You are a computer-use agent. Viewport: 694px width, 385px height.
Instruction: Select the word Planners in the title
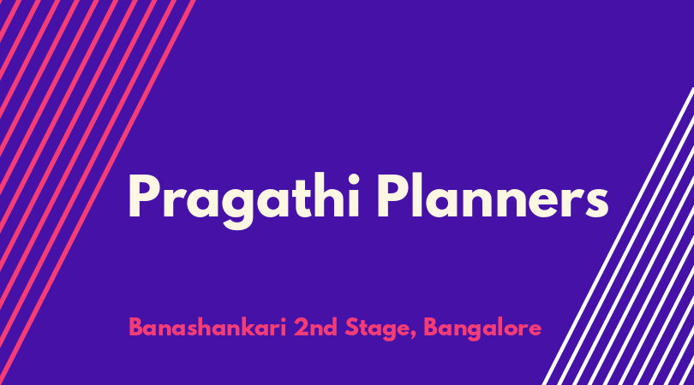click(493, 196)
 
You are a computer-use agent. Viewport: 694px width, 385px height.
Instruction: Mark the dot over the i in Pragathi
click(353, 179)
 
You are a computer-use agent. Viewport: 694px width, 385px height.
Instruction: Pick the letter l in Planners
click(417, 195)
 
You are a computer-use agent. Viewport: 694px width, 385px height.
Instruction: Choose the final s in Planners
click(595, 202)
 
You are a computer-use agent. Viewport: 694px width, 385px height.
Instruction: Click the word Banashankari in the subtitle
click(207, 328)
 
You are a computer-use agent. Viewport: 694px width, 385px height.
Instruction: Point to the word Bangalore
click(482, 329)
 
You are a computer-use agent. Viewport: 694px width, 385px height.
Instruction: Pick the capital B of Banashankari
click(136, 328)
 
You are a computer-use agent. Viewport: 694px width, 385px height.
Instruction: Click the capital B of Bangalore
click(431, 328)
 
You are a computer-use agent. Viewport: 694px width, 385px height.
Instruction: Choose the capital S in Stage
click(351, 328)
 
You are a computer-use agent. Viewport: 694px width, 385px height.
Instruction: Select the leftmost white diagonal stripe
click(618, 236)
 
